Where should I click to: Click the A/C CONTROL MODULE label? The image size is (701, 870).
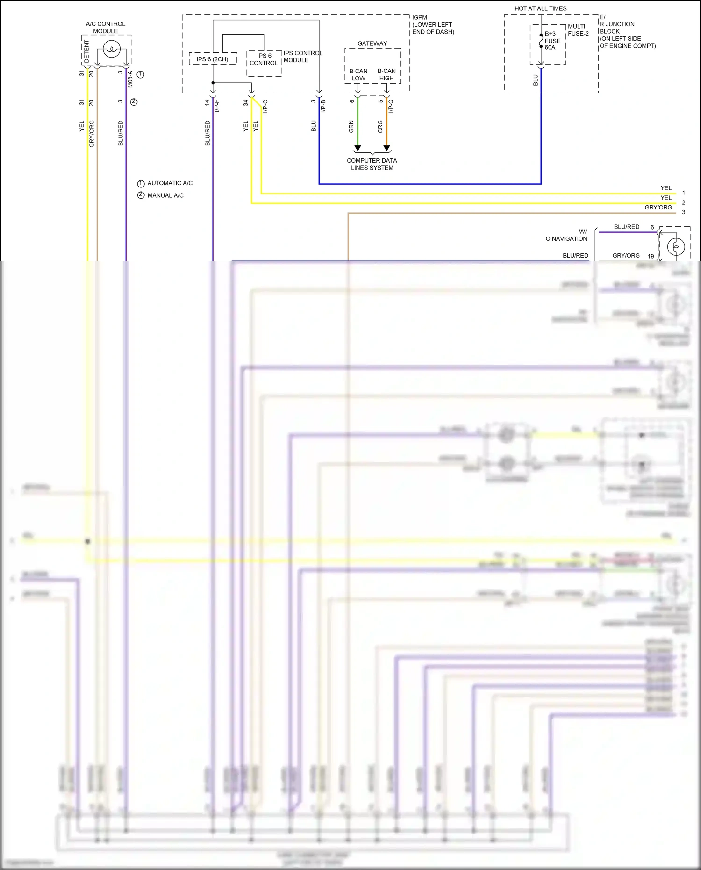(106, 28)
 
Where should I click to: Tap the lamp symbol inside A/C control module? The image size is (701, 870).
(112, 49)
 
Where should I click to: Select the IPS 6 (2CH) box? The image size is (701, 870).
(213, 59)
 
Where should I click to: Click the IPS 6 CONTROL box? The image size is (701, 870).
(264, 59)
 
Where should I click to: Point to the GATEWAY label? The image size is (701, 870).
(372, 43)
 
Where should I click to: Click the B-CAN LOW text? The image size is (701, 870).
(358, 75)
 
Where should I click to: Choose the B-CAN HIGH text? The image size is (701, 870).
(386, 75)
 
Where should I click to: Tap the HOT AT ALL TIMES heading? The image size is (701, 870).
(540, 8)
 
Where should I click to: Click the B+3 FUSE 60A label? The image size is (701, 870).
(552, 41)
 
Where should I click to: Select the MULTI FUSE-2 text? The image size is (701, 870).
(578, 30)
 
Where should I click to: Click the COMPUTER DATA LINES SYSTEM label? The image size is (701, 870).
(372, 164)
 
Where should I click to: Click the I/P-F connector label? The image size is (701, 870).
(217, 106)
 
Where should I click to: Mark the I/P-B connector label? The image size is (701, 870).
(323, 106)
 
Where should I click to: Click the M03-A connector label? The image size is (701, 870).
(130, 79)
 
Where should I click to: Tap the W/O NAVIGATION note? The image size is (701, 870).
(566, 235)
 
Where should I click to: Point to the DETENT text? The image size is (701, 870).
(86, 51)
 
